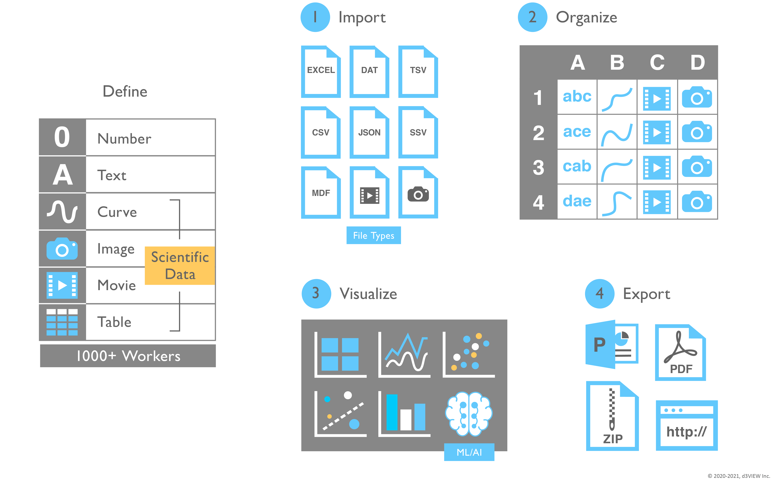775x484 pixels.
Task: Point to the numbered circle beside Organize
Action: click(x=532, y=17)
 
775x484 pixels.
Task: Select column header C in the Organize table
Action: click(x=657, y=62)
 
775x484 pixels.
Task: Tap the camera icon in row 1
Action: click(x=697, y=97)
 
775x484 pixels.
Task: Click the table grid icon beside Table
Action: click(x=62, y=322)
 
